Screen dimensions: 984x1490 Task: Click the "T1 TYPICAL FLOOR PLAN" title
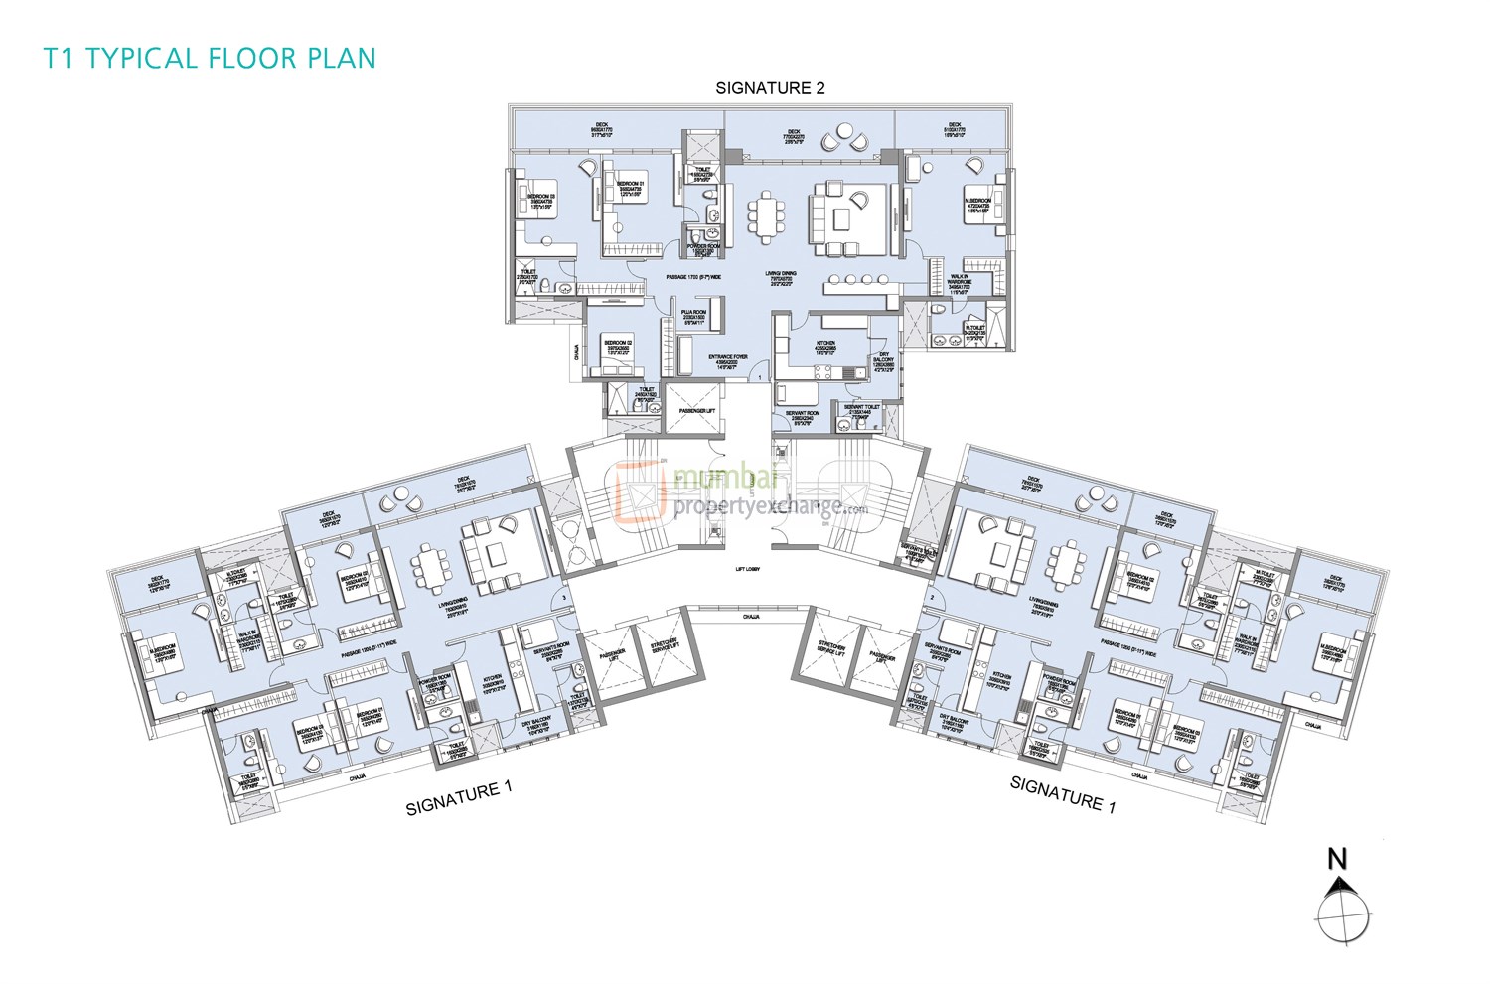[210, 58]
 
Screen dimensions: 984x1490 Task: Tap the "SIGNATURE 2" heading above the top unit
[770, 88]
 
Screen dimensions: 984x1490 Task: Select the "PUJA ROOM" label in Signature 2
[693, 313]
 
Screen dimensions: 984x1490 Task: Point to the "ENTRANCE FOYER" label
[728, 357]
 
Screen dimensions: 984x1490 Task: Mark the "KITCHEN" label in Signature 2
[826, 344]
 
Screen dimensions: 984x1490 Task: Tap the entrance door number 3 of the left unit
[564, 598]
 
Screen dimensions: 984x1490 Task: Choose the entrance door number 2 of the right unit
[935, 598]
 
